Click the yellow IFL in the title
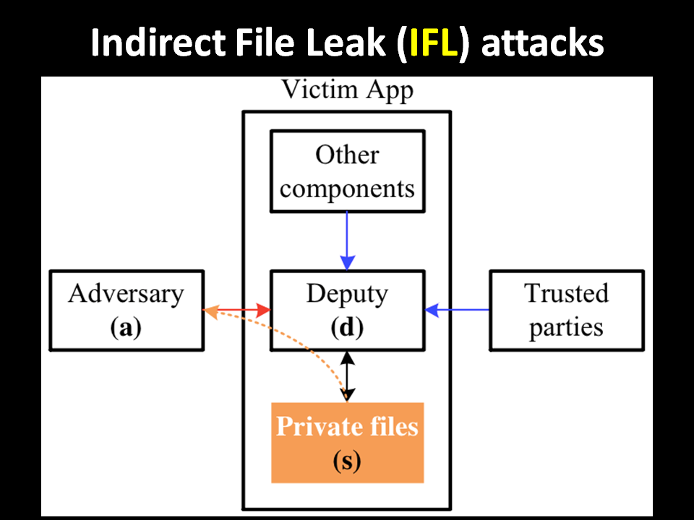point(433,43)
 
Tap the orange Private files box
point(348,443)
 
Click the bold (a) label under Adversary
point(126,328)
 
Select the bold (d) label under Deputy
point(348,328)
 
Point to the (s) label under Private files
point(348,461)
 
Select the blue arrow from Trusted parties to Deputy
point(457,310)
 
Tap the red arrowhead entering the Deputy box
point(263,310)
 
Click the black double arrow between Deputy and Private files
point(348,376)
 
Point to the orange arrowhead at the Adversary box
point(210,311)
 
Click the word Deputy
point(348,295)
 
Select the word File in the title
point(265,43)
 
